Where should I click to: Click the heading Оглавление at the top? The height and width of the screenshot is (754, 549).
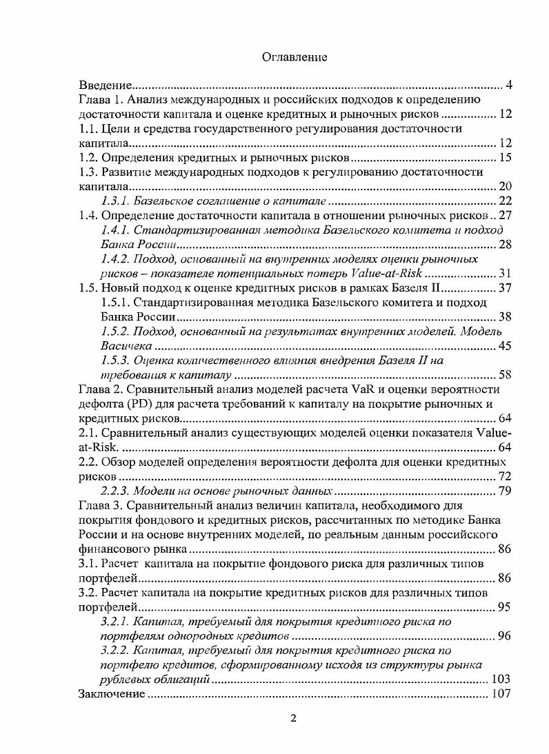click(294, 58)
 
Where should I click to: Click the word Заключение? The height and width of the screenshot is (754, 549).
click(112, 694)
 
